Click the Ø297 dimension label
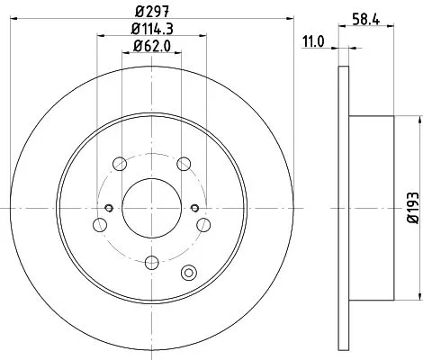tap(151, 12)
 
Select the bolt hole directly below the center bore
tap(151, 262)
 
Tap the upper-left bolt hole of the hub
tap(119, 164)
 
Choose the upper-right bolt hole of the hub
tap(184, 164)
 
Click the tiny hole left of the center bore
tap(109, 209)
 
